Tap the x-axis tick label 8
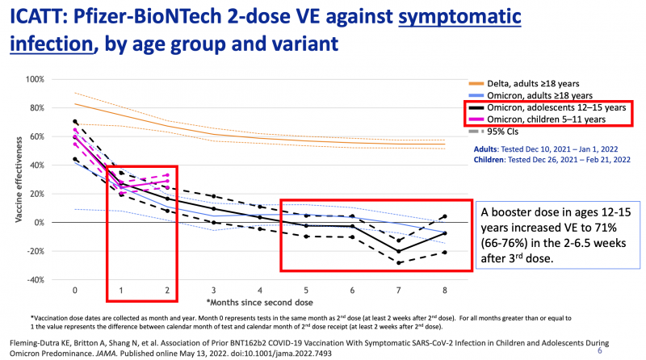point(444,289)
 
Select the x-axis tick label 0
point(75,289)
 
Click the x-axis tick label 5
point(306,289)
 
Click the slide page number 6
point(599,352)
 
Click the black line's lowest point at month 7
point(398,251)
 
